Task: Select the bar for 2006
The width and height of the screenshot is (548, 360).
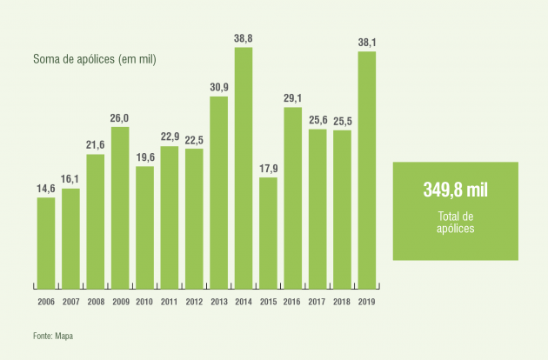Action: (x=45, y=242)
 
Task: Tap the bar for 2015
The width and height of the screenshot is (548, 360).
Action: (x=268, y=232)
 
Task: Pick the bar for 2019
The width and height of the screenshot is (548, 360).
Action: (x=367, y=169)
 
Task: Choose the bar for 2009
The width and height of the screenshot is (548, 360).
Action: (x=120, y=207)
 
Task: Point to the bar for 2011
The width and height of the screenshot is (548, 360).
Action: (x=170, y=217)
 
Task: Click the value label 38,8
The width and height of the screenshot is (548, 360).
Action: (x=244, y=39)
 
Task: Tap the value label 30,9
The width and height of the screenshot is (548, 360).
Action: (x=218, y=89)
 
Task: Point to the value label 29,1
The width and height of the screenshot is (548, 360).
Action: (x=293, y=99)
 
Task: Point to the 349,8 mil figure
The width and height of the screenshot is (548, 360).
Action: (x=455, y=189)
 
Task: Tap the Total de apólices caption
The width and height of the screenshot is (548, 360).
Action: (x=455, y=221)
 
